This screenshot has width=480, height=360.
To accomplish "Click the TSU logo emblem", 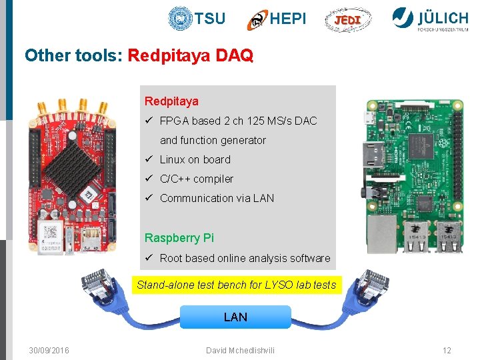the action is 180,19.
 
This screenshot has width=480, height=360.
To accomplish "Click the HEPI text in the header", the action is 288,19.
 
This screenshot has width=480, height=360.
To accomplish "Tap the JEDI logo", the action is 347,20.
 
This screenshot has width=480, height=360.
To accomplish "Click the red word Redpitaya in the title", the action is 169,55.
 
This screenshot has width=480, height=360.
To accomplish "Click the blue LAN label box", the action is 235,317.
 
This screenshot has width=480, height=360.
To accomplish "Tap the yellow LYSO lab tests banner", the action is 236,285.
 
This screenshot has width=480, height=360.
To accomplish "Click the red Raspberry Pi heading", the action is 179,238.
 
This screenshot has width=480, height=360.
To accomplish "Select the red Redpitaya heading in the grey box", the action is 171,101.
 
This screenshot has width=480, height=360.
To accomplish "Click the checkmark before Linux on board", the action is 149,159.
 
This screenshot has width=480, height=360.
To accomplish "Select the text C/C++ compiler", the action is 197,179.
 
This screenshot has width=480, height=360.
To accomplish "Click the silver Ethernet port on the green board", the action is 383,233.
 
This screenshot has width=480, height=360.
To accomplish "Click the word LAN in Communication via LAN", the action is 263,198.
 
